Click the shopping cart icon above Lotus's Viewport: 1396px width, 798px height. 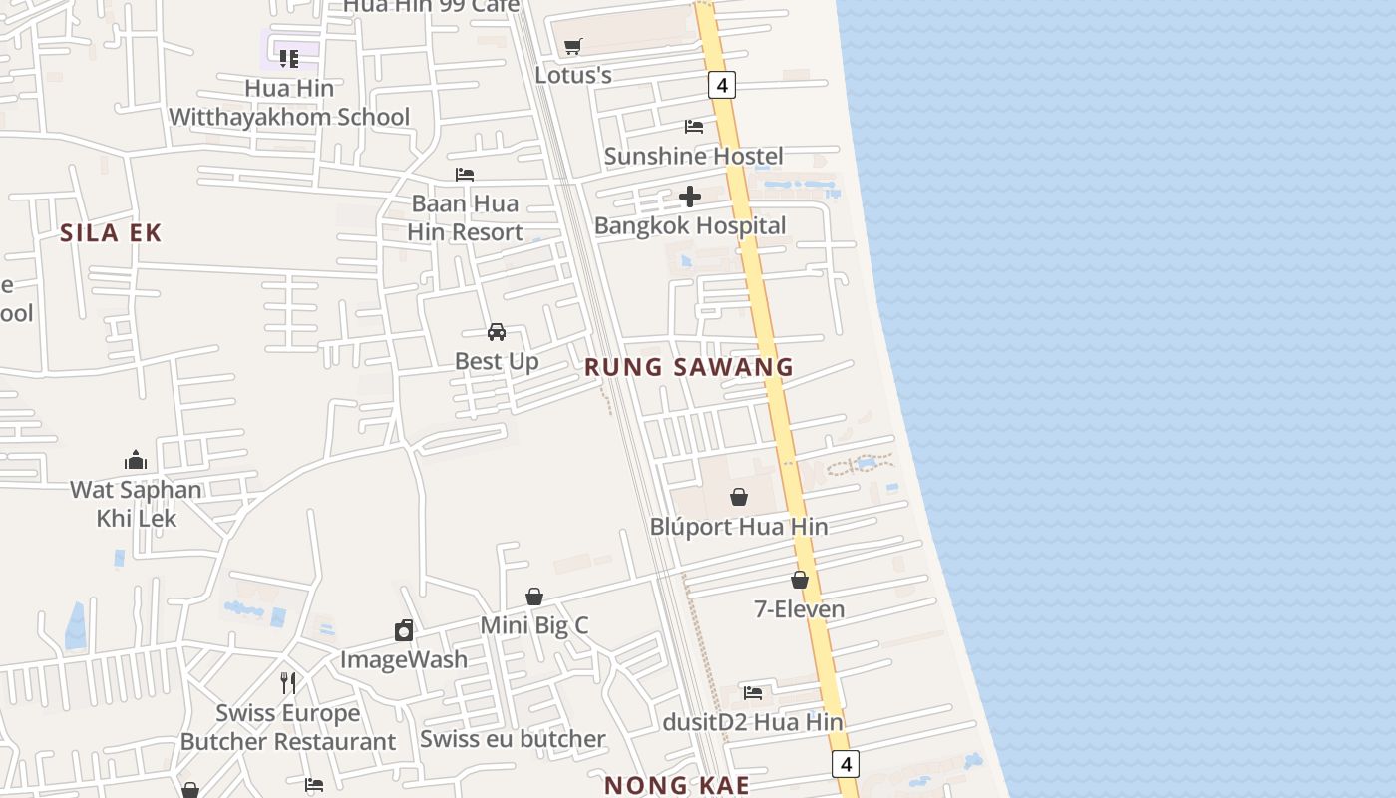click(x=572, y=46)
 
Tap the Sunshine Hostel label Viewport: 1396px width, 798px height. click(x=693, y=156)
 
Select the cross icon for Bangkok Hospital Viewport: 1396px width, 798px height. click(x=689, y=197)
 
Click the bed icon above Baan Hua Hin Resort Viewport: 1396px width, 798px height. click(x=464, y=174)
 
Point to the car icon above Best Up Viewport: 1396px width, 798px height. click(x=496, y=331)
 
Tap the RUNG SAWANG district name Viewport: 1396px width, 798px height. click(x=688, y=367)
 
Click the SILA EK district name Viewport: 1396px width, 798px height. click(x=111, y=233)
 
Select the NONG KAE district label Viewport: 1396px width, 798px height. click(x=676, y=785)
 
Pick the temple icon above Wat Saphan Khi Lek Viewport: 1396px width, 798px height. click(x=136, y=460)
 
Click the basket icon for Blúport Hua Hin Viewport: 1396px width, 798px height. click(x=739, y=496)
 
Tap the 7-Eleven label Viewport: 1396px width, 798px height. click(x=799, y=608)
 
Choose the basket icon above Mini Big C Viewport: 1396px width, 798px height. click(x=534, y=597)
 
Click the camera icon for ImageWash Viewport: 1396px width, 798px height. click(x=403, y=630)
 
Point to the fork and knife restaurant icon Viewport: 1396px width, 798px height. click(x=287, y=683)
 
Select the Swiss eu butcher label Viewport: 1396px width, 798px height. click(x=513, y=739)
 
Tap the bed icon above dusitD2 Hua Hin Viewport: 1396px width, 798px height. click(x=753, y=692)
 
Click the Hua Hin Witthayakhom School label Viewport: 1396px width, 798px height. click(x=288, y=103)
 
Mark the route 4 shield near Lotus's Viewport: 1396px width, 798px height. click(x=722, y=85)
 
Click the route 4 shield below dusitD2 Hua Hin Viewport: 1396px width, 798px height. click(x=845, y=764)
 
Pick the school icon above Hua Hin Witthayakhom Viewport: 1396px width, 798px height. click(x=289, y=58)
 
